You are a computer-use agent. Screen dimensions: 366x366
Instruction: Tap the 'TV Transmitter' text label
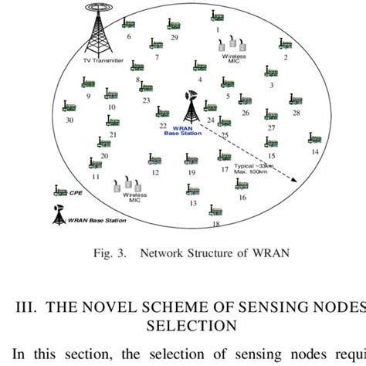click(x=103, y=61)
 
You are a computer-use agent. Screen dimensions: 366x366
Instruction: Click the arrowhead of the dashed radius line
click(x=294, y=181)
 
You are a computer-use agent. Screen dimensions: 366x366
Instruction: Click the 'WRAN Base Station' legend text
click(x=96, y=220)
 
